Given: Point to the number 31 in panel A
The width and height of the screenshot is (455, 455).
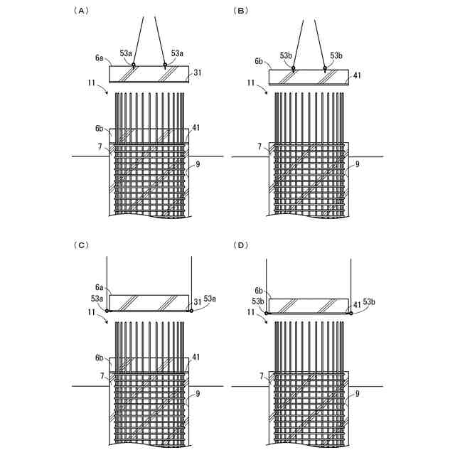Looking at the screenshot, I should (x=198, y=73).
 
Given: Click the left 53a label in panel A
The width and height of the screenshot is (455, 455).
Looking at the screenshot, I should (x=126, y=53).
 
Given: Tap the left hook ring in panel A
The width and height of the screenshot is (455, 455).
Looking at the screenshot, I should (x=133, y=65).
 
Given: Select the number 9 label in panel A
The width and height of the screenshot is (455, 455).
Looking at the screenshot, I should (x=198, y=164).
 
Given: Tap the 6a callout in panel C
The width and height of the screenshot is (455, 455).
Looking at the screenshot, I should (x=100, y=287).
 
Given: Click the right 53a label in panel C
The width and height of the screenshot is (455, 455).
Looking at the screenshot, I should (x=210, y=299).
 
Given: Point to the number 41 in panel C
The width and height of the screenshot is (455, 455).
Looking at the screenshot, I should (x=196, y=357).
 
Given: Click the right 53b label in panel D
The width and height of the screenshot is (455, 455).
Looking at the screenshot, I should (x=370, y=302).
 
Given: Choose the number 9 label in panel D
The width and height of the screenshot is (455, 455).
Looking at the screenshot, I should (x=358, y=393).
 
